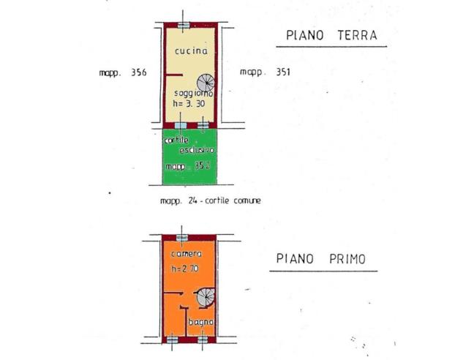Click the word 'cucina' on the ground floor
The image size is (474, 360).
(x=190, y=51)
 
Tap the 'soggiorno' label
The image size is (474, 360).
(x=194, y=94)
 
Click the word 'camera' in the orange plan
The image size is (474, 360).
(x=187, y=254)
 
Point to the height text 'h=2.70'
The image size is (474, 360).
(x=184, y=269)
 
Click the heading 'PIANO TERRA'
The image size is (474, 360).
(x=331, y=35)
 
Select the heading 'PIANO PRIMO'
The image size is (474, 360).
(x=321, y=259)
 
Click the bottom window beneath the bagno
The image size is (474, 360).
(x=202, y=339)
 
